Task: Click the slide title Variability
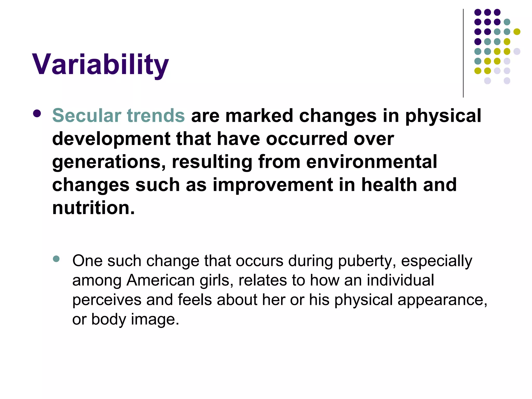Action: tap(100, 64)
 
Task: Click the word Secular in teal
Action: tap(87, 116)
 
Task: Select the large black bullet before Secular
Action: tap(37, 114)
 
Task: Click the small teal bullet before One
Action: tap(56, 259)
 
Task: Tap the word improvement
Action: tap(272, 185)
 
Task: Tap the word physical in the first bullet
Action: tap(443, 116)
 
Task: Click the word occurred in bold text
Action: tap(307, 139)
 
